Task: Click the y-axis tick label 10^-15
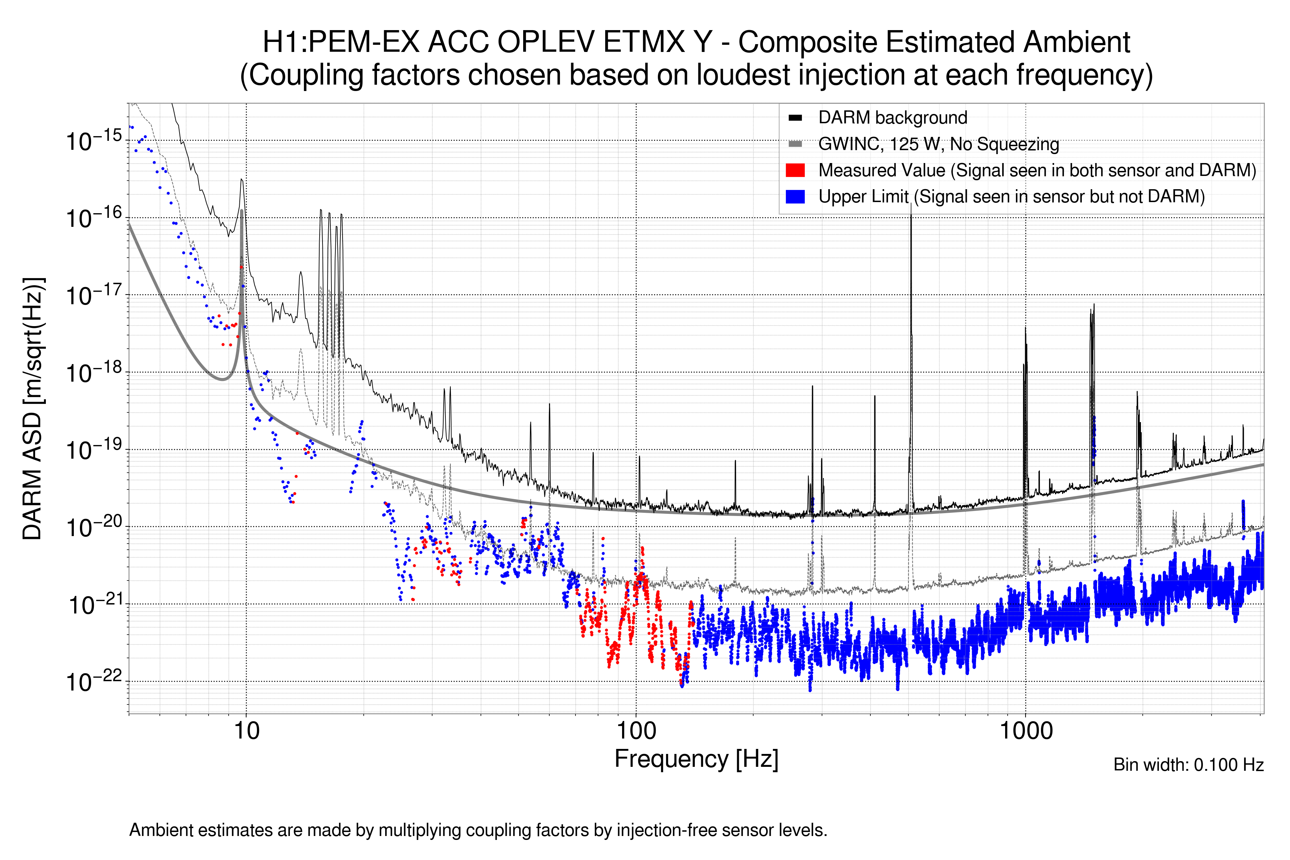click(93, 141)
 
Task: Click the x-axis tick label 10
click(246, 731)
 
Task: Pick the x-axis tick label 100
click(636, 731)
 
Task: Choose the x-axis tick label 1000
click(1026, 731)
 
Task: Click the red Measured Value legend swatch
click(795, 171)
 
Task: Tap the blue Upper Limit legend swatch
click(795, 197)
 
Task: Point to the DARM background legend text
click(892, 118)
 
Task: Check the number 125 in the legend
click(903, 144)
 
